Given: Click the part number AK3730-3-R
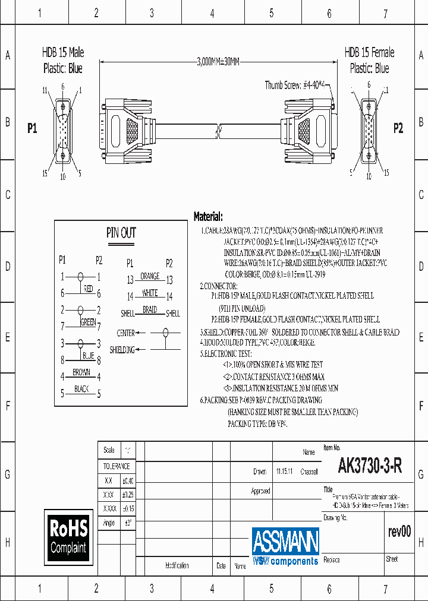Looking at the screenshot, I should [370, 466].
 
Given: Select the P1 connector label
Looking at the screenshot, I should [32, 128].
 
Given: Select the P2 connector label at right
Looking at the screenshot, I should [398, 128].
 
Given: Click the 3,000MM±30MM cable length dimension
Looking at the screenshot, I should [218, 61].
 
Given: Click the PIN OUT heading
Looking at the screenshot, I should [121, 233].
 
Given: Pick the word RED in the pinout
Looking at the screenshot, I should [88, 289].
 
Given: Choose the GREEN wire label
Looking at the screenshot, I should [88, 322].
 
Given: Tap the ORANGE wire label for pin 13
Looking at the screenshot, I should [150, 276].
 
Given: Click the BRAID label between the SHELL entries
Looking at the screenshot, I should [150, 309].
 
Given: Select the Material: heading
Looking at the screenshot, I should [208, 217].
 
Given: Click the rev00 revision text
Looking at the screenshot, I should [399, 532].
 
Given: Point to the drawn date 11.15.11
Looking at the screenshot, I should [284, 471].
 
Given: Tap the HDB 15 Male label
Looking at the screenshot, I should [62, 52].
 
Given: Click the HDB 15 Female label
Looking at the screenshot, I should [369, 52].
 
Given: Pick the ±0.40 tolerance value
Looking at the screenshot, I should [128, 480].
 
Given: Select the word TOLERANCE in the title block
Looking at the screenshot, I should [117, 466].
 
